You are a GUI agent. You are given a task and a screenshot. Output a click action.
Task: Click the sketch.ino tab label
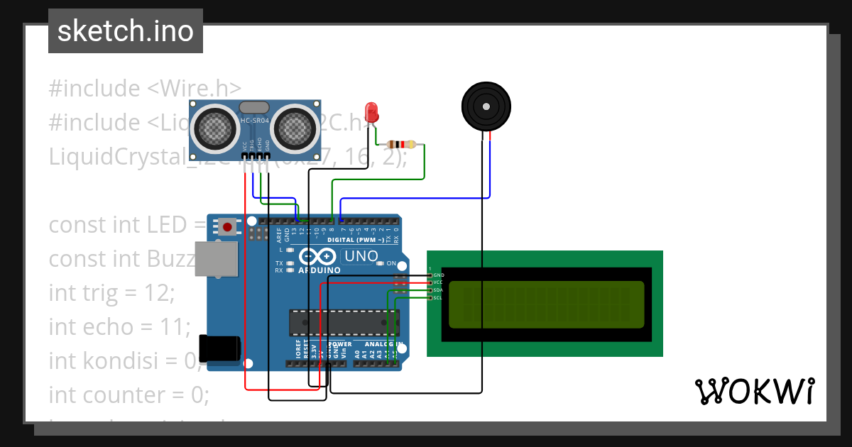point(126,31)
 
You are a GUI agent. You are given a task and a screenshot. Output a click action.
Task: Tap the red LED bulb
point(371,111)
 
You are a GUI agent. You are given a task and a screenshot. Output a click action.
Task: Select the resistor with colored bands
point(401,145)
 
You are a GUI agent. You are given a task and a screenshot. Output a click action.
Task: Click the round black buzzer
point(486,107)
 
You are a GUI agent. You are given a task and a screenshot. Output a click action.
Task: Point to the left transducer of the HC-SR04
point(215,128)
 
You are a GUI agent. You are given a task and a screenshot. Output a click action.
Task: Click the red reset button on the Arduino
point(227,227)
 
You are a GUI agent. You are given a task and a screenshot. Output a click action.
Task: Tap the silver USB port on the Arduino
point(216,259)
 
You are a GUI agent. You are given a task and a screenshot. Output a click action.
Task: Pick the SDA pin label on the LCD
point(438,290)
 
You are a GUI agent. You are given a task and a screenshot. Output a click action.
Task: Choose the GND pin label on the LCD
point(438,275)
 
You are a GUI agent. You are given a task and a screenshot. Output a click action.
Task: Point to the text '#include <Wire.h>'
point(145,89)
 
